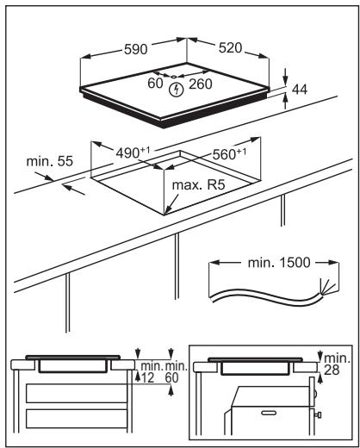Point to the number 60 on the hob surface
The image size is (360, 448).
click(154, 84)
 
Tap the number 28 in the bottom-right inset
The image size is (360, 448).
click(334, 369)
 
